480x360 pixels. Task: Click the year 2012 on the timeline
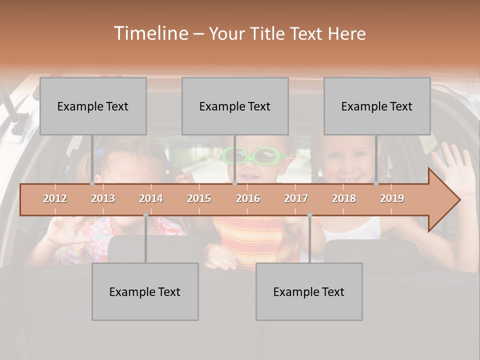click(x=55, y=198)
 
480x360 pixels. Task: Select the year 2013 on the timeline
click(x=103, y=198)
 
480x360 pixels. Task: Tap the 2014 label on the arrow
click(x=151, y=198)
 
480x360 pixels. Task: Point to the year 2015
click(x=199, y=198)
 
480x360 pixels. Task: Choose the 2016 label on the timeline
click(x=248, y=198)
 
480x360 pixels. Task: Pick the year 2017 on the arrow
click(x=296, y=198)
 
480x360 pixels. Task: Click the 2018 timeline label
click(x=344, y=198)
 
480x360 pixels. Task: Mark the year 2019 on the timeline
click(x=392, y=198)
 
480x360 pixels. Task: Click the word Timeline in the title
click(x=150, y=33)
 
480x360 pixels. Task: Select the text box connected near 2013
click(x=93, y=106)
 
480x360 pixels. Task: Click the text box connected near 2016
click(x=235, y=106)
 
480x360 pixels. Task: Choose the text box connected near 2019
click(x=377, y=106)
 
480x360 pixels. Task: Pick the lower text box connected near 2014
click(x=145, y=291)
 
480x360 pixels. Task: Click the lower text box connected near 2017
click(x=309, y=291)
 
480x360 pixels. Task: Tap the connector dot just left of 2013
click(x=92, y=183)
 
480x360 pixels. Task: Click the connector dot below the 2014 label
click(x=145, y=215)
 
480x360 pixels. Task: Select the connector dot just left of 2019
click(x=376, y=183)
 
